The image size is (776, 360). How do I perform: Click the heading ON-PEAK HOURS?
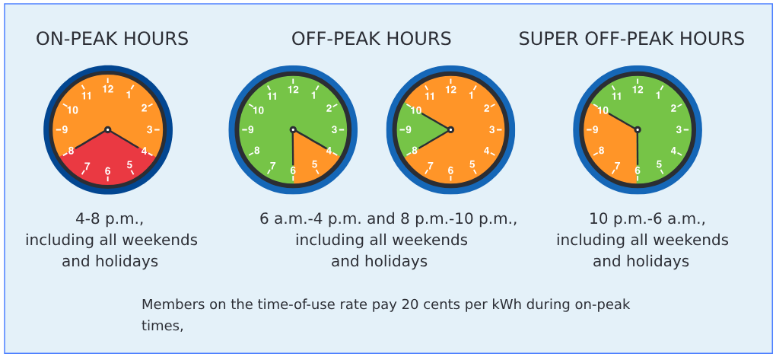(x=112, y=39)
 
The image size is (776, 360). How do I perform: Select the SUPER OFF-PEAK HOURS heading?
(x=631, y=39)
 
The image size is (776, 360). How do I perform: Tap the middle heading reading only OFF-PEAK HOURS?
(x=371, y=39)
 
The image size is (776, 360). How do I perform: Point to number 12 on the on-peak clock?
(x=108, y=89)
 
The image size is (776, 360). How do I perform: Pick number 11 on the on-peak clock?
(x=87, y=96)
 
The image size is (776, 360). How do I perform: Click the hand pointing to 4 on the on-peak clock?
(x=124, y=139)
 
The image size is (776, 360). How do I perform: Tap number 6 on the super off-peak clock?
(x=638, y=170)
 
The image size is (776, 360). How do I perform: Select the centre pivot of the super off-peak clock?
(x=638, y=129)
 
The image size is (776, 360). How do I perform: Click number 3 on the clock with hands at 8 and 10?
(x=491, y=130)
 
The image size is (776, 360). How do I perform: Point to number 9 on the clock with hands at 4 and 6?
(x=250, y=130)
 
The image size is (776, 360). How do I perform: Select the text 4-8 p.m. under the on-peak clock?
(x=110, y=219)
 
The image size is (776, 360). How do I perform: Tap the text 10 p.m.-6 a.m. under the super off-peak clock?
(x=647, y=219)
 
